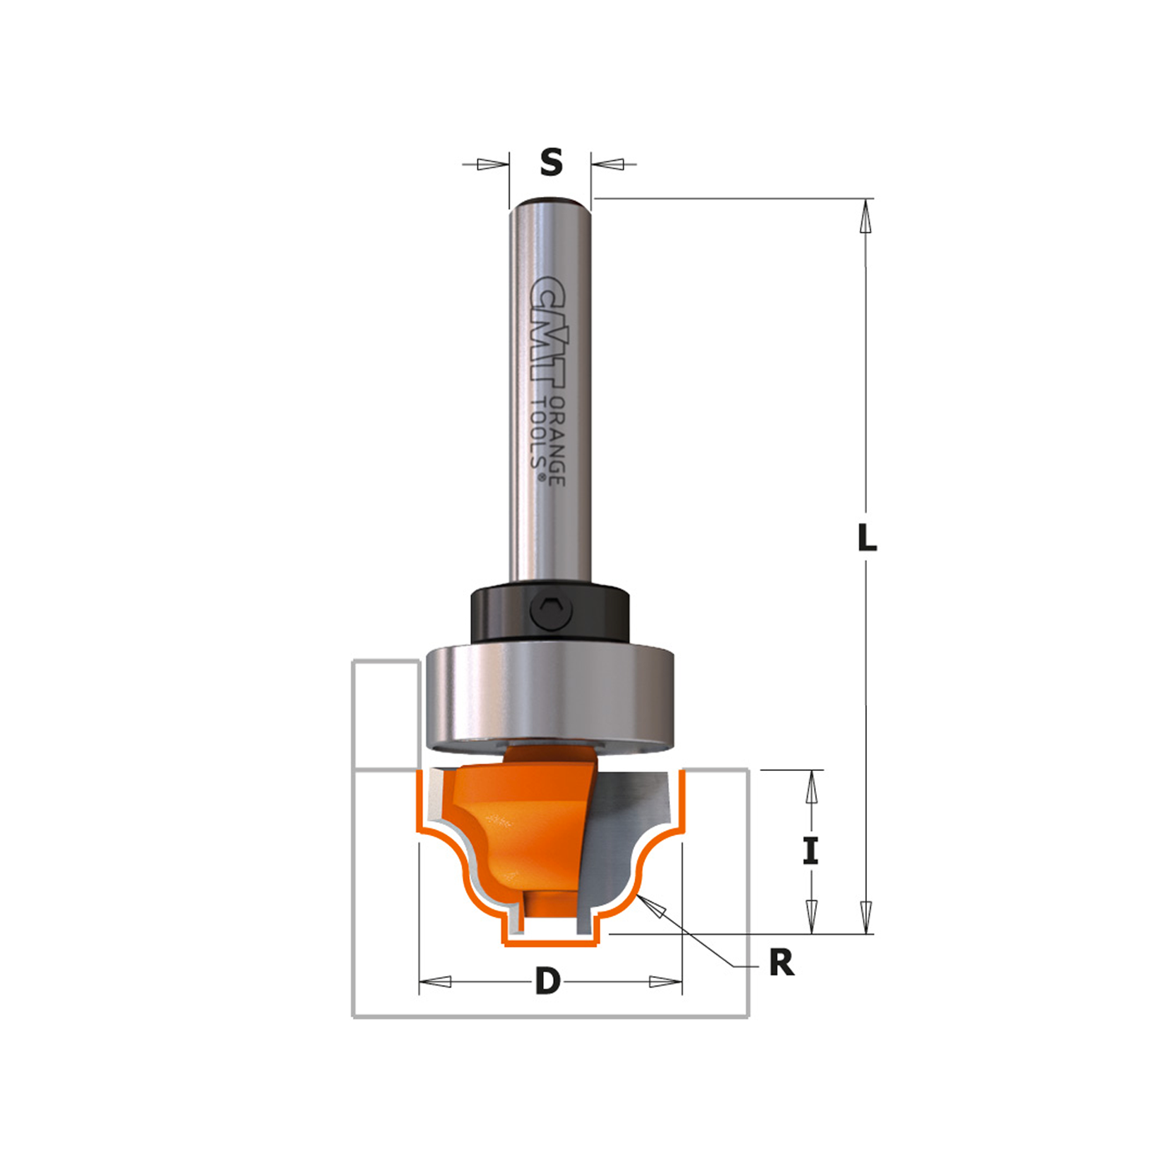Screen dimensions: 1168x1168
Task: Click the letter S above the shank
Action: click(x=551, y=163)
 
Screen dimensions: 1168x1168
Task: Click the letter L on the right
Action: click(x=868, y=537)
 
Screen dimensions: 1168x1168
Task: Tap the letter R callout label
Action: click(x=782, y=962)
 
